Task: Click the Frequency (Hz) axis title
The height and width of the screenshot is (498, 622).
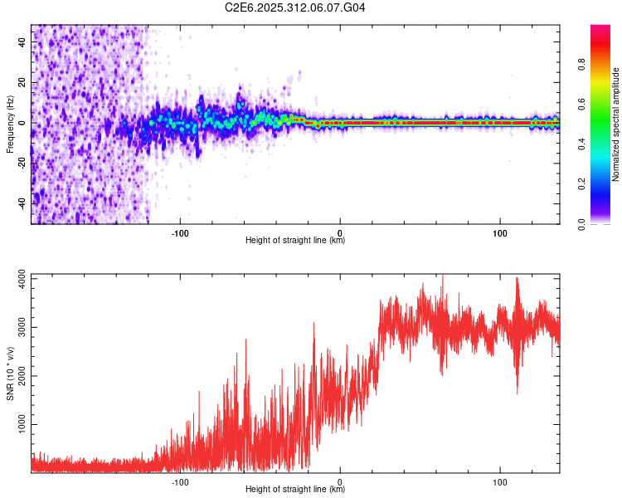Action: tap(10, 124)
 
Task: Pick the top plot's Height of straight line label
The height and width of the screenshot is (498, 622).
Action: tap(295, 241)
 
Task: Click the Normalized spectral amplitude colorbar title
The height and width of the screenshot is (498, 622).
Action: tap(616, 124)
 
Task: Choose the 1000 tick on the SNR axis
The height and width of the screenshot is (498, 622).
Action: tap(17, 425)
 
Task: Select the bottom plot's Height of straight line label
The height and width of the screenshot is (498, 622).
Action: tap(295, 490)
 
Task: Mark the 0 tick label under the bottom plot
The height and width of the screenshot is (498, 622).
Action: tap(341, 481)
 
